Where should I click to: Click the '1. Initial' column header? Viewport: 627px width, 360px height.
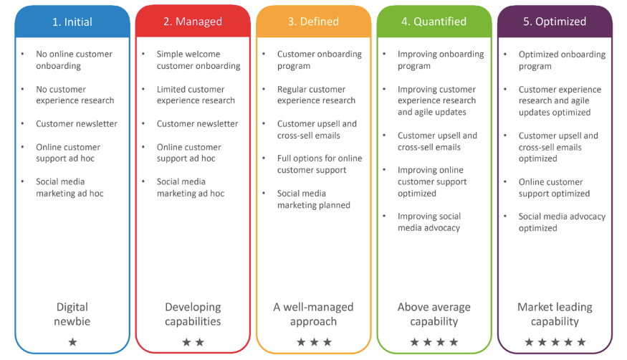(x=72, y=22)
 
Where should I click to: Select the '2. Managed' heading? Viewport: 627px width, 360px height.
(x=193, y=22)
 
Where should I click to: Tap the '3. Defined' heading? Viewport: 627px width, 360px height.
(x=314, y=22)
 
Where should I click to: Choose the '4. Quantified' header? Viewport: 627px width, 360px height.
(x=434, y=22)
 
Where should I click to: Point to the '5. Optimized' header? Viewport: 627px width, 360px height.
(x=555, y=22)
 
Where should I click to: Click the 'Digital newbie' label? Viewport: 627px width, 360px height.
(x=72, y=314)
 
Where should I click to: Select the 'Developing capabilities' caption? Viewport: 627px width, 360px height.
(x=193, y=314)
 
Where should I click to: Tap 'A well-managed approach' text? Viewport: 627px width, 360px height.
(x=314, y=314)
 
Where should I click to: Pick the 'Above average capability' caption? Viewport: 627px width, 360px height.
(x=434, y=314)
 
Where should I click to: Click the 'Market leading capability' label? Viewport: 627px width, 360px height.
(x=555, y=314)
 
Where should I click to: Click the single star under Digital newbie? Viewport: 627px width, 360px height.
(x=72, y=342)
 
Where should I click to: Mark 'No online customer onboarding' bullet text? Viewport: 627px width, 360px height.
(x=74, y=60)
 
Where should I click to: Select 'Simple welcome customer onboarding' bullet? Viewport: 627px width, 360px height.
(x=198, y=60)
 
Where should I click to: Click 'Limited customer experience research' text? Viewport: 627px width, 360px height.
(x=196, y=95)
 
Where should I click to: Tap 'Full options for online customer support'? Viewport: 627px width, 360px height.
(x=320, y=164)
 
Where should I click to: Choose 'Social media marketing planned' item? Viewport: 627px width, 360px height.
(x=314, y=199)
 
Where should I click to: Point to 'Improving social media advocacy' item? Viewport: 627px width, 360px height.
(x=429, y=222)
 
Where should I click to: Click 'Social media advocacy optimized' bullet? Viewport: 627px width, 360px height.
(x=562, y=222)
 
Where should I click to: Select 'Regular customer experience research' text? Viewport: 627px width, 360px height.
(x=316, y=95)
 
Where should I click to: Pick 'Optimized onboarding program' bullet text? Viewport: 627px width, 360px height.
(x=562, y=60)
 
